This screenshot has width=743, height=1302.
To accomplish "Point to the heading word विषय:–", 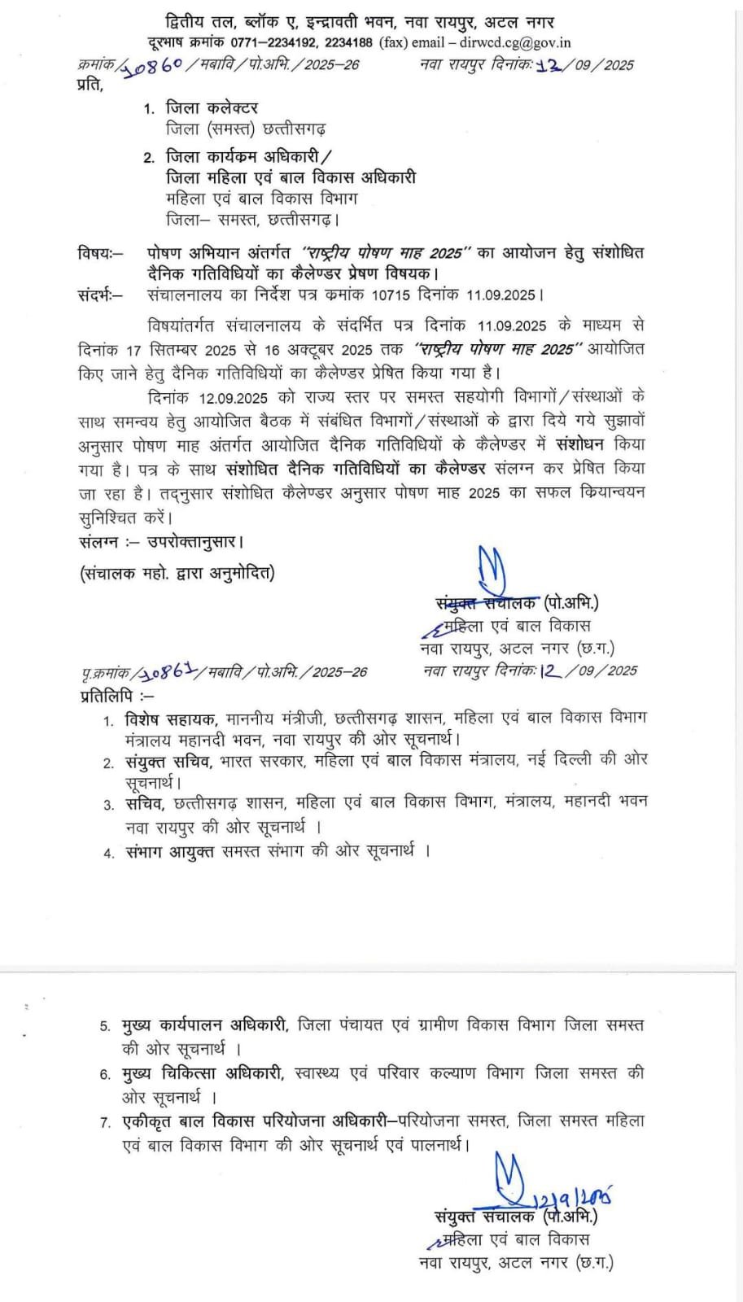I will point(101,252).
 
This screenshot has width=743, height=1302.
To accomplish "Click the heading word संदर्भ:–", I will point(101,295).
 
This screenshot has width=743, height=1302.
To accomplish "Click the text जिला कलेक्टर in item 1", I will point(212,107).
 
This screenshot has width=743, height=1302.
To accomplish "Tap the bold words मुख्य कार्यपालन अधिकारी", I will point(205,1025).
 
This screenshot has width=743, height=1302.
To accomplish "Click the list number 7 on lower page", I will point(106,1123).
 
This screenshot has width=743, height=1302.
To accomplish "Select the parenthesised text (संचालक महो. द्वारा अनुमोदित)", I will point(177,573).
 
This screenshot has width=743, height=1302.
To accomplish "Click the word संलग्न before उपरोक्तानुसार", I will point(99,541).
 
